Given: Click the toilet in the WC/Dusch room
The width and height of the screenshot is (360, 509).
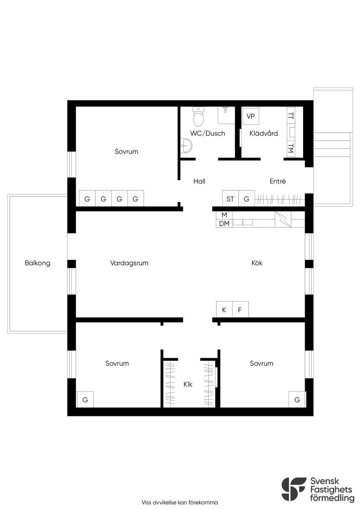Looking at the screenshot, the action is (198, 116).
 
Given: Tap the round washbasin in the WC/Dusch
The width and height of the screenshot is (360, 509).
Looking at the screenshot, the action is (187, 146).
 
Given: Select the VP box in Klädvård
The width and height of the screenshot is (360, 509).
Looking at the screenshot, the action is (250, 116).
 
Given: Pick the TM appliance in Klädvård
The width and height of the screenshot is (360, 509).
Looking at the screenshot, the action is (291, 149).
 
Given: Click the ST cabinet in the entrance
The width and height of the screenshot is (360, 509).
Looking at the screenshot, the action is (231, 198).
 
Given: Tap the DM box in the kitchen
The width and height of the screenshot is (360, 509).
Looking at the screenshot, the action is (224, 223).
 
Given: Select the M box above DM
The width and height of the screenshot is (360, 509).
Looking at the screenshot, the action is (224, 215).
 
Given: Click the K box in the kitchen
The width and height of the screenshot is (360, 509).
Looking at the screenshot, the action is (224, 309).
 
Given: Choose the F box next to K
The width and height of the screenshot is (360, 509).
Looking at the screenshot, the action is (240, 309).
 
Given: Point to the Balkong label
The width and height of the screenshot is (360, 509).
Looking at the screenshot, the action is (38, 263).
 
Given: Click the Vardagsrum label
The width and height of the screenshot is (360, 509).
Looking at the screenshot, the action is (129, 263).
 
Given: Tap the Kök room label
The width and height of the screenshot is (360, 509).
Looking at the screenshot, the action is (257, 263).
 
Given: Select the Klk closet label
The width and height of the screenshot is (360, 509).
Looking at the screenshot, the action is (188, 384).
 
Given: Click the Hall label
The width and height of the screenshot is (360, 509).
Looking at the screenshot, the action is (199, 181).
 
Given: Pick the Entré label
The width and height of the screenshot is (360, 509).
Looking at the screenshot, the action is (277, 181).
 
